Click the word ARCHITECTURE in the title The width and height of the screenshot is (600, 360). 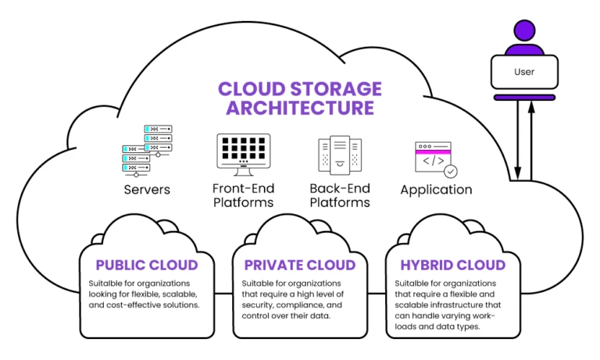pyautogui.click(x=299, y=108)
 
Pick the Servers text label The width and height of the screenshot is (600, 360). pyautogui.click(x=146, y=190)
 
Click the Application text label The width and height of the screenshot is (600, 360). pyautogui.click(x=436, y=190)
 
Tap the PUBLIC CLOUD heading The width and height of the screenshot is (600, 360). pyautogui.click(x=146, y=265)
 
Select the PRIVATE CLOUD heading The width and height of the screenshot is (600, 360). pyautogui.click(x=299, y=265)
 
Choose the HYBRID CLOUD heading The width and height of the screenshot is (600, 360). pyautogui.click(x=452, y=265)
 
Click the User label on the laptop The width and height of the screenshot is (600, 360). pyautogui.click(x=524, y=72)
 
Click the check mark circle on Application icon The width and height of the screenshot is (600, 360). pyautogui.click(x=450, y=170)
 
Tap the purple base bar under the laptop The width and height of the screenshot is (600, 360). pyautogui.click(x=524, y=98)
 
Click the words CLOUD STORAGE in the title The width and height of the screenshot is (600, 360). pyautogui.click(x=299, y=87)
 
